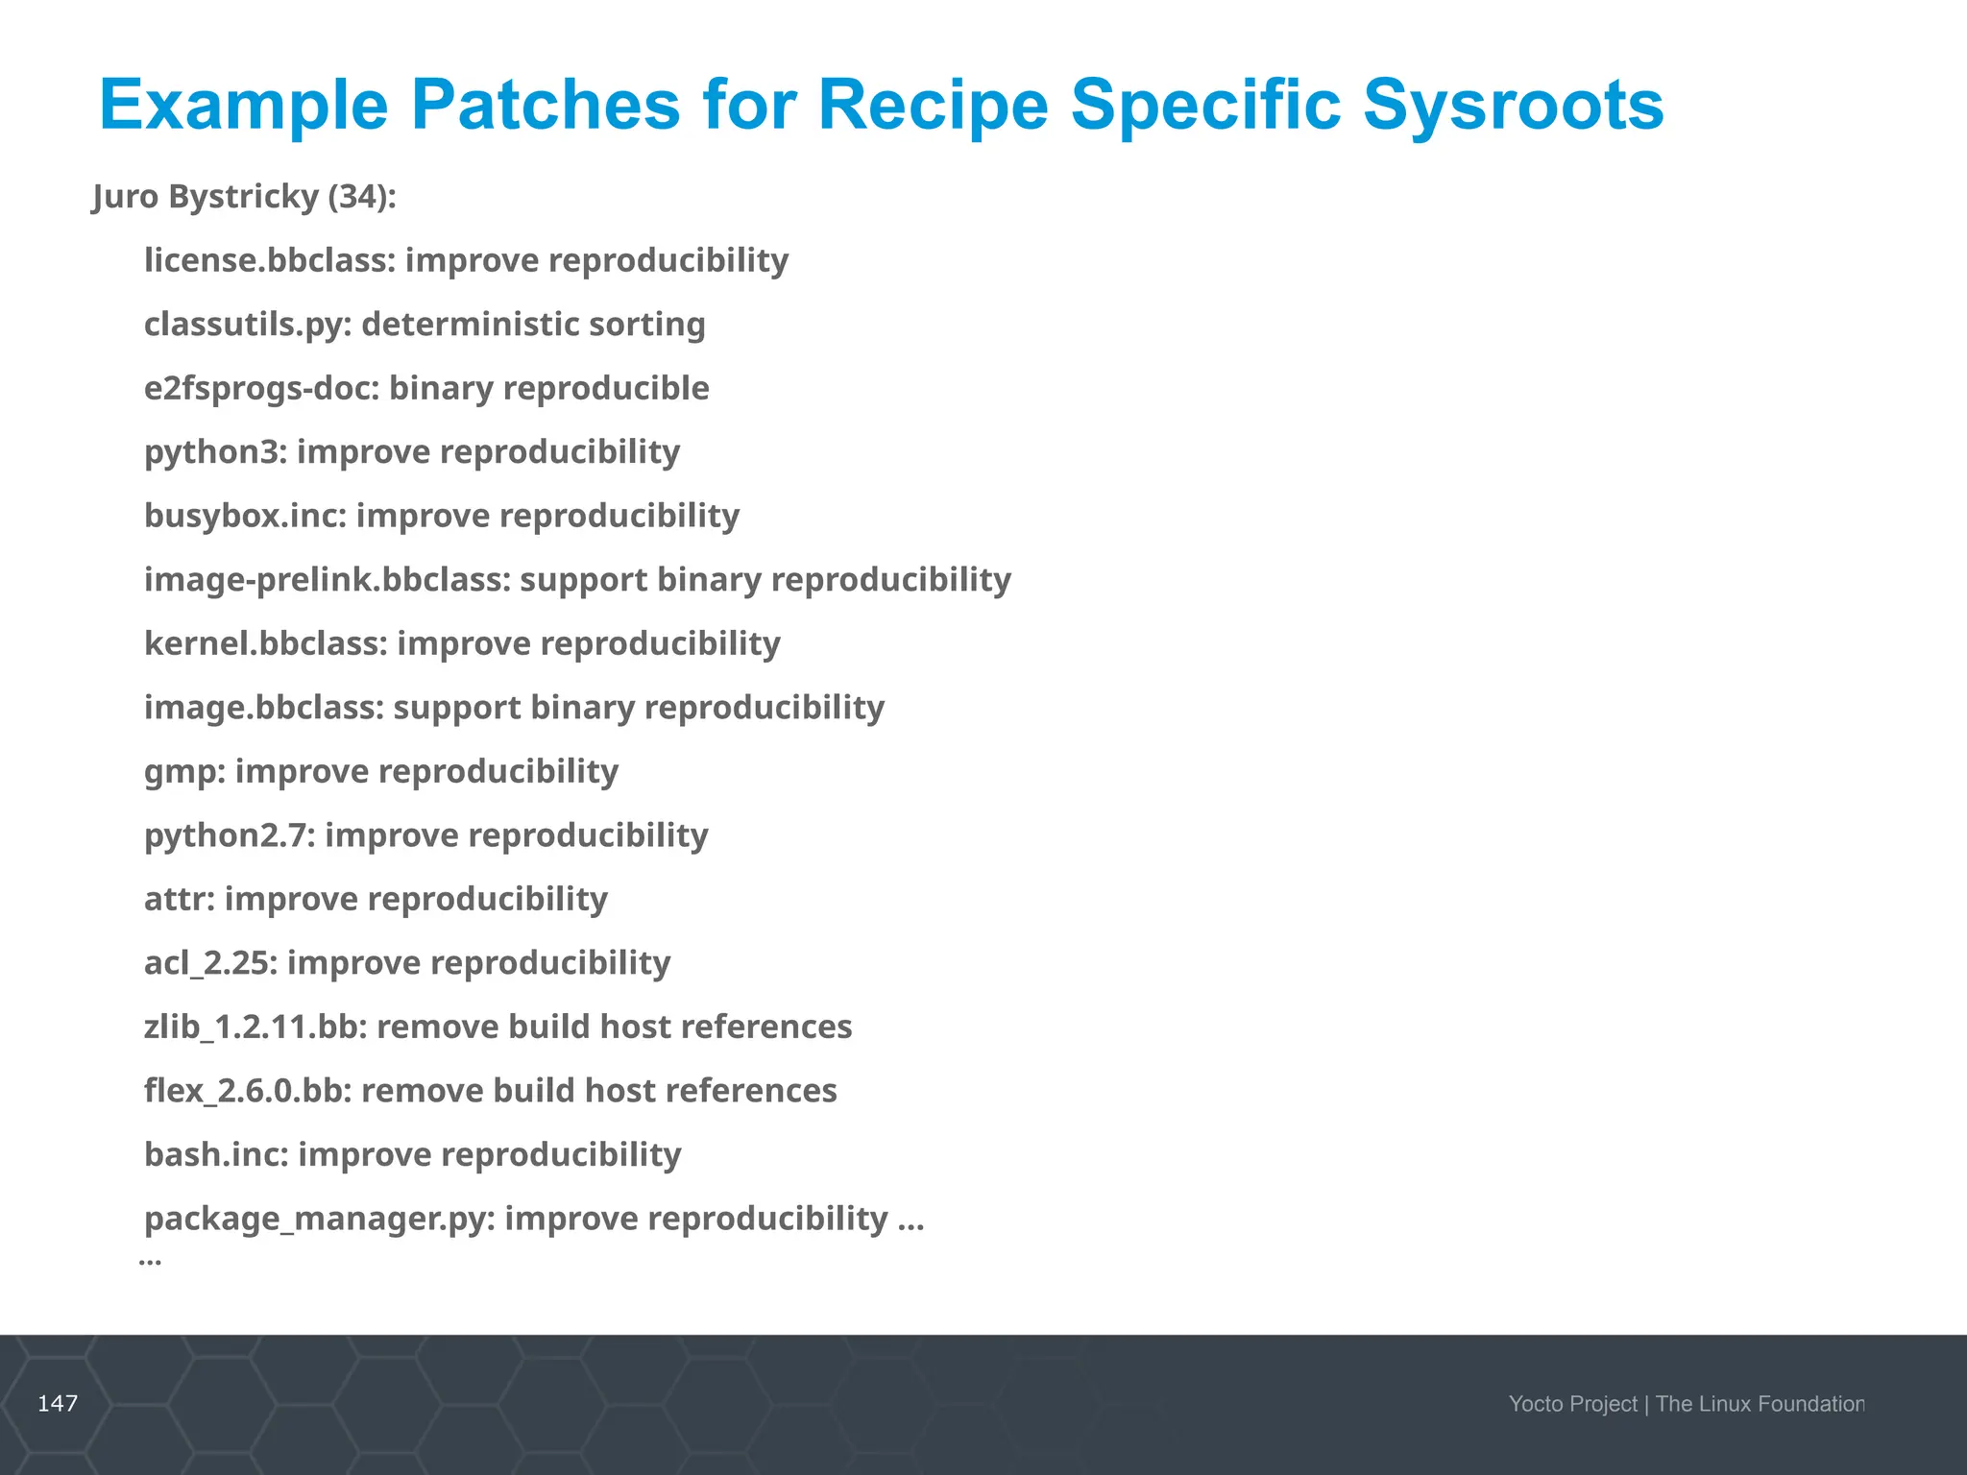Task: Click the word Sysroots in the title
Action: [1513, 106]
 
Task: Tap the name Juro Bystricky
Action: [206, 197]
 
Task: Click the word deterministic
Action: [471, 325]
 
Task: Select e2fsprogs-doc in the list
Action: [261, 388]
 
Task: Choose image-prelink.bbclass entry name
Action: [327, 580]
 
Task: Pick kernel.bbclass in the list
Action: [265, 643]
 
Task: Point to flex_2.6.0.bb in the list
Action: [248, 1091]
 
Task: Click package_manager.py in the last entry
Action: [319, 1219]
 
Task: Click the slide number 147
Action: [58, 1404]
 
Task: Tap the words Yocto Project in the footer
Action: [1572, 1404]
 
